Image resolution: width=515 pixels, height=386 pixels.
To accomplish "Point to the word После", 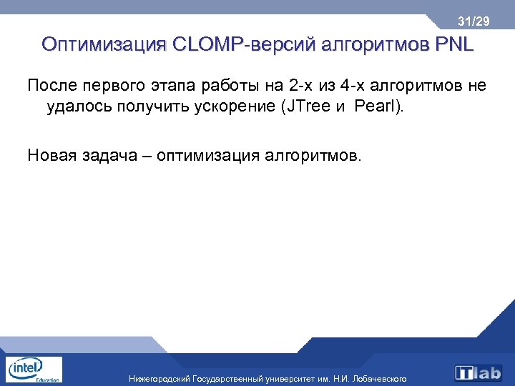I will [x=52, y=86].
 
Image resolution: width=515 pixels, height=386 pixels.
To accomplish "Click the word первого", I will [x=116, y=87].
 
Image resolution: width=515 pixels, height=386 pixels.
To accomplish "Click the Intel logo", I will [x=33, y=369].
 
